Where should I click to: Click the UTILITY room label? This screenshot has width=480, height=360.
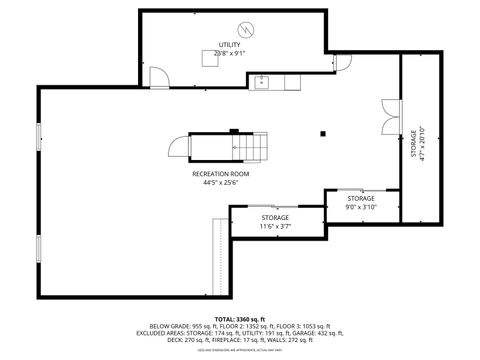[230, 45]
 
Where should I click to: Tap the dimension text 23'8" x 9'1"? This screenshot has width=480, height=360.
[230, 54]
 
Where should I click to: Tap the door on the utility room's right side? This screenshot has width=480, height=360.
[342, 63]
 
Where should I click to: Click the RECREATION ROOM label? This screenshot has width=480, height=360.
[221, 174]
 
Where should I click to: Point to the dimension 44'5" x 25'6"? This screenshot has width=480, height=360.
[221, 183]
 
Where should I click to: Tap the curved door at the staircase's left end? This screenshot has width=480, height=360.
[178, 150]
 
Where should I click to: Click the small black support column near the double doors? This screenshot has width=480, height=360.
[323, 132]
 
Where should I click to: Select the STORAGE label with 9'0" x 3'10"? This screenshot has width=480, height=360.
[361, 199]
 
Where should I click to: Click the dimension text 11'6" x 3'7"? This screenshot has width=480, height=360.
[276, 226]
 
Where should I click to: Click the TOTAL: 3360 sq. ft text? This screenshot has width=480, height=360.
[239, 319]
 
